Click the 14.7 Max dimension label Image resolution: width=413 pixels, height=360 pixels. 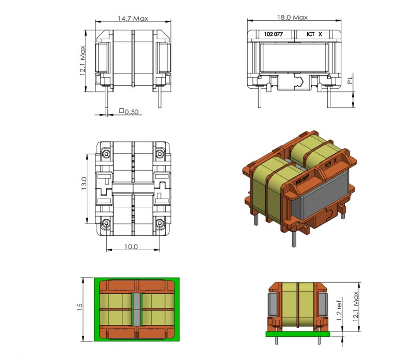(133, 19)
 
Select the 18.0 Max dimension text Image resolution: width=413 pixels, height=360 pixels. (292, 18)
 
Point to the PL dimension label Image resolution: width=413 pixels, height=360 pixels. (350, 80)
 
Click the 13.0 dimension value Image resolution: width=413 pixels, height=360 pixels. (84, 184)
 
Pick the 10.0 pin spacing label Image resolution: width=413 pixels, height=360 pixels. (131, 247)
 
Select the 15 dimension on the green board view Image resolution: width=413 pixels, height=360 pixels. (80, 307)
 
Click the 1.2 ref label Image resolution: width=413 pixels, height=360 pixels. (339, 309)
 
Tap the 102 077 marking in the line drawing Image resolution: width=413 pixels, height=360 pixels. (274, 34)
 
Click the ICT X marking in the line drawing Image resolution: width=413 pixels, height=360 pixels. (314, 34)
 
